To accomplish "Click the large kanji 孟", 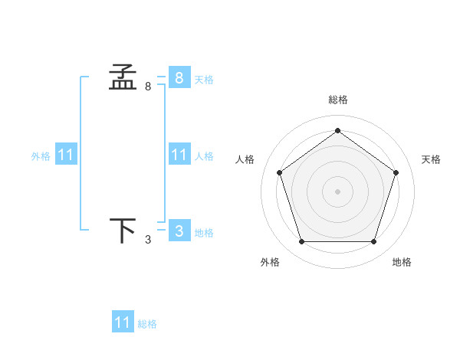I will (x=123, y=77).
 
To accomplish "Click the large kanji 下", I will (x=123, y=231).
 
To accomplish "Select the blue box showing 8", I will (x=179, y=77).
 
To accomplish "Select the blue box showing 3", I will (x=179, y=231).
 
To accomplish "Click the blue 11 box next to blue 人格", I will (x=179, y=155).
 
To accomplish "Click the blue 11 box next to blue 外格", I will (x=66, y=155).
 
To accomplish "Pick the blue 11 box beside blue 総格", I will (x=123, y=322).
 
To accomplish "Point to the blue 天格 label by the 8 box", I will (x=204, y=79).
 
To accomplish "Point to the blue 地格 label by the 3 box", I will (x=204, y=232).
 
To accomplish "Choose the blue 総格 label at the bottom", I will (x=147, y=324).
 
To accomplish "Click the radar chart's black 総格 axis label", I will (x=337, y=100).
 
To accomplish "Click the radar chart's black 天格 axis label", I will (x=431, y=159).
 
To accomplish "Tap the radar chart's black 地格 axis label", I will (x=402, y=262).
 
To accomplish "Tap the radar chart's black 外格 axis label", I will (x=270, y=262).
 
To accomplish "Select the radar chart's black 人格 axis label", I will (x=245, y=159).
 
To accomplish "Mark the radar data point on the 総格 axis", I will (x=337, y=130).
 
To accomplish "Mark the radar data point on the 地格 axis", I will (x=373, y=241).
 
